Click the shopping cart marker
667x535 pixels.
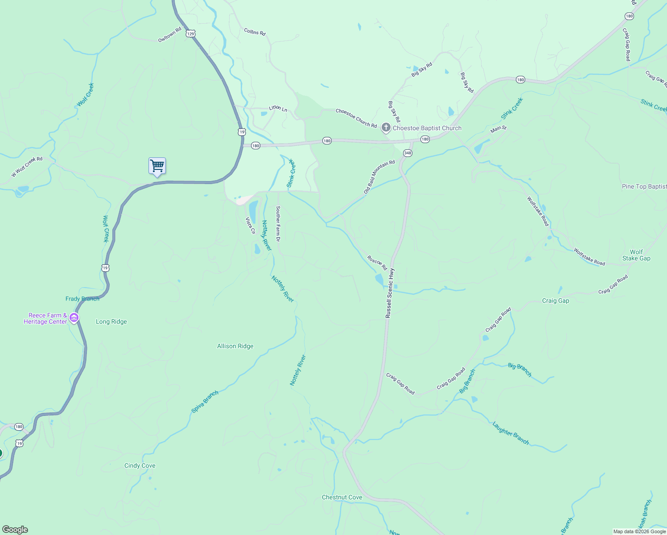pos(157,166)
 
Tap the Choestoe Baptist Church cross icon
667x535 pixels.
pos(386,128)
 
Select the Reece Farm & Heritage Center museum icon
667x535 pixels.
pos(74,318)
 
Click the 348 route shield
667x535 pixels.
pos(408,153)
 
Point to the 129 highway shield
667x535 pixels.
pos(191,34)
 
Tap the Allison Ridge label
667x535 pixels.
pos(235,346)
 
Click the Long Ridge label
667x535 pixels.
pos(111,321)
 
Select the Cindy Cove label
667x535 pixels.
pos(140,465)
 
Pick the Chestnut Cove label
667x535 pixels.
pos(342,497)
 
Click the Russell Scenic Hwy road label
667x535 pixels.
pos(390,293)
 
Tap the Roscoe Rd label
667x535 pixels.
pos(377,263)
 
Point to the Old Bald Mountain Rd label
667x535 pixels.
pos(379,177)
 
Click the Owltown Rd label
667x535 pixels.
pos(170,35)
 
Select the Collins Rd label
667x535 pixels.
pos(255,32)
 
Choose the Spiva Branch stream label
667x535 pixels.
pos(205,402)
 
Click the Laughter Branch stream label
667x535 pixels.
pos(511,433)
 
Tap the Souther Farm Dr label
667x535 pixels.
pos(278,223)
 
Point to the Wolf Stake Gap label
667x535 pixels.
pos(636,255)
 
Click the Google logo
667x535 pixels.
pos(15,530)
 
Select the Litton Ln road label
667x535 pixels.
pos(278,108)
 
